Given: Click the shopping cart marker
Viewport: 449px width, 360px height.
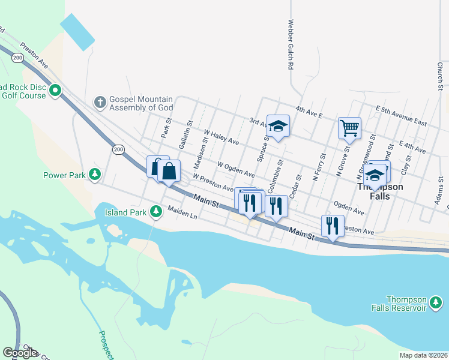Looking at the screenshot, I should coord(349,128).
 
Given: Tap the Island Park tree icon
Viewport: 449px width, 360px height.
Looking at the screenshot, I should coord(155,211).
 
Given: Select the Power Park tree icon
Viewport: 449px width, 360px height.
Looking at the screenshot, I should coord(94,174).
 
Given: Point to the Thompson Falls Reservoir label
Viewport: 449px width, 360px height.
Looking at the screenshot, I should coord(406,303).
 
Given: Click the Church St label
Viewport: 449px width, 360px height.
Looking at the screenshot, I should coord(440,76).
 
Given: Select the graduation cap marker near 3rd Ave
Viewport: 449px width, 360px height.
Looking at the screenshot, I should coord(278,126).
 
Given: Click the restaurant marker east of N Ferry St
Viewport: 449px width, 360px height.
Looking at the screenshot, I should coord(332,226).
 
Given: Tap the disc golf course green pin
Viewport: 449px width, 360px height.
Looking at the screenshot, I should coord(55,91).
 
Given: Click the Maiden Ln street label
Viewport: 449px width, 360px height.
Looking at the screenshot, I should coord(182,212).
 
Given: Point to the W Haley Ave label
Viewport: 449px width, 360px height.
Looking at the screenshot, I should coord(221,137).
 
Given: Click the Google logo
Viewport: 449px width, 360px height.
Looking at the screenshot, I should coord(20,352).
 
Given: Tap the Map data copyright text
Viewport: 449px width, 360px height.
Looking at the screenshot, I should coord(423,355).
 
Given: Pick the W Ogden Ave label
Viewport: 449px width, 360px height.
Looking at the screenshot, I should coord(236,169).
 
